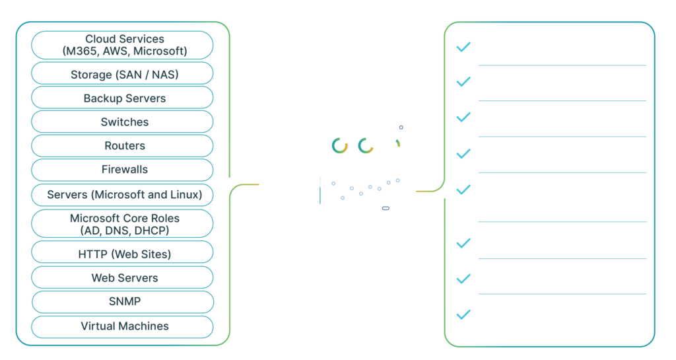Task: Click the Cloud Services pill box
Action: tap(123, 46)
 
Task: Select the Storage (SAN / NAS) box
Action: tap(123, 75)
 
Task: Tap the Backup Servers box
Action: tap(123, 98)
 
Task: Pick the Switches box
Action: tap(123, 122)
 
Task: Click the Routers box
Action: tap(123, 146)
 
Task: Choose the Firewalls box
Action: tap(123, 170)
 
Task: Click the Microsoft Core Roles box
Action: tap(123, 224)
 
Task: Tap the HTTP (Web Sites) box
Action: tap(123, 254)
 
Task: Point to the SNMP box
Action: tap(123, 302)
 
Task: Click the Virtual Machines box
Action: tap(123, 326)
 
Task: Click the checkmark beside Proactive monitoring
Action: tap(463, 47)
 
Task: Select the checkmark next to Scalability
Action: tap(463, 279)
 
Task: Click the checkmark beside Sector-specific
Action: tap(463, 154)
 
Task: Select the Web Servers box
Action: tap(123, 278)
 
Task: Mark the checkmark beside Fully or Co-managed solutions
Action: tap(463, 190)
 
